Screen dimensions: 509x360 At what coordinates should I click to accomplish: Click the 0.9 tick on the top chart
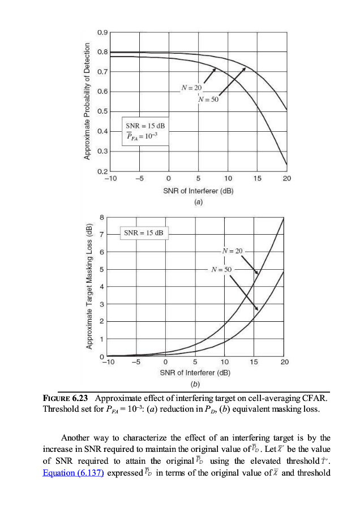pyautogui.click(x=102, y=33)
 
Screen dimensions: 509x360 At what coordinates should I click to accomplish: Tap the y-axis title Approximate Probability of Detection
pyautogui.click(x=87, y=101)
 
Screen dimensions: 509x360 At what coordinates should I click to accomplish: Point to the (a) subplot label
pyautogui.click(x=198, y=201)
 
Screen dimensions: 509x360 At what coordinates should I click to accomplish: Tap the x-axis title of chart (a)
pyautogui.click(x=198, y=191)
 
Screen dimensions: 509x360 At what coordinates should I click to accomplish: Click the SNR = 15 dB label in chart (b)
pyautogui.click(x=143, y=233)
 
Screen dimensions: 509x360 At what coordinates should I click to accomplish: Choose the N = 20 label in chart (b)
pyautogui.click(x=232, y=251)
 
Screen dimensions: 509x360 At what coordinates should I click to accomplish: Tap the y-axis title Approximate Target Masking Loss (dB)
pyautogui.click(x=89, y=286)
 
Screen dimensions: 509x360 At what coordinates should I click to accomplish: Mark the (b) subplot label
pyautogui.click(x=195, y=383)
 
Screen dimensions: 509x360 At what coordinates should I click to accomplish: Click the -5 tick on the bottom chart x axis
pyautogui.click(x=136, y=363)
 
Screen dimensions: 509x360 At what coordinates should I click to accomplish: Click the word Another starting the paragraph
pyautogui.click(x=78, y=437)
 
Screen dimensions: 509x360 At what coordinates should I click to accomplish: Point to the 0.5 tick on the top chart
pyautogui.click(x=102, y=111)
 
